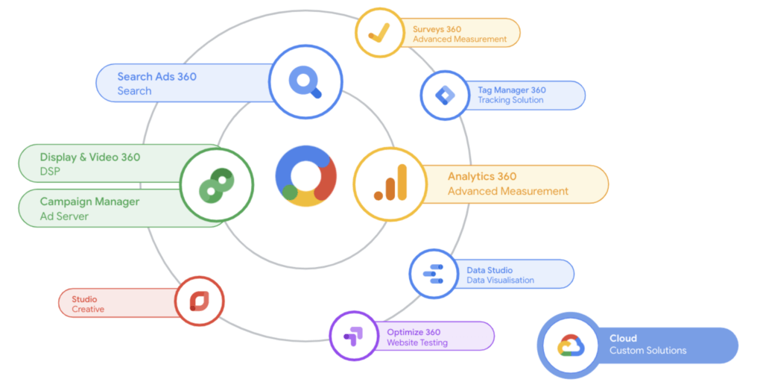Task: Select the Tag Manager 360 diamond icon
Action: (445, 96)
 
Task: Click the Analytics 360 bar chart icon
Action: (390, 184)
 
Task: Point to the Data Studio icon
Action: (433, 274)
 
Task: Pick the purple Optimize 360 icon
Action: (354, 337)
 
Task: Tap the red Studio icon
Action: (199, 301)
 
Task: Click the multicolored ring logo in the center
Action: (305, 176)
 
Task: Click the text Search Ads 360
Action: (156, 77)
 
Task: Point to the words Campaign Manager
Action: (89, 201)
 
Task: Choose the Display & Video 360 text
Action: (89, 157)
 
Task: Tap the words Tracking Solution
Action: (510, 100)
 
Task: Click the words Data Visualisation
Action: (500, 281)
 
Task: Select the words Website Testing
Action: (417, 343)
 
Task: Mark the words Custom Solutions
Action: (648, 351)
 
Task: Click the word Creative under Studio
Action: (88, 309)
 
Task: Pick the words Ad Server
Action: (64, 216)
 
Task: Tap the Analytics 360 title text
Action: (481, 177)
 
